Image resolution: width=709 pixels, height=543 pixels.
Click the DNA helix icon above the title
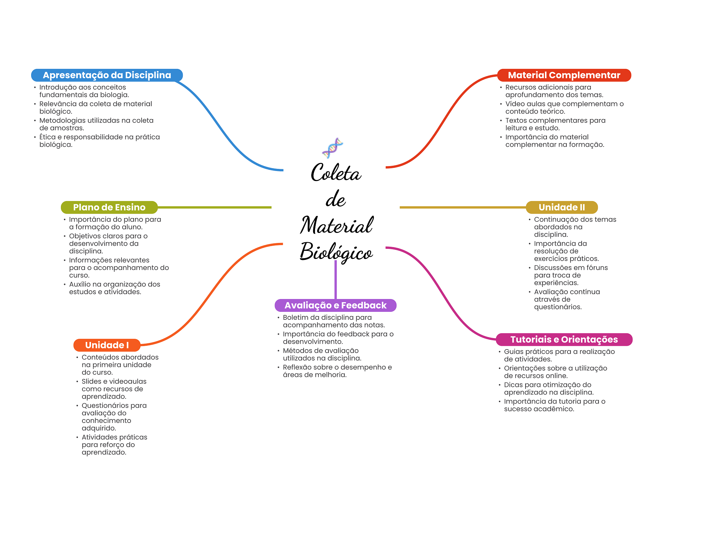pyautogui.click(x=332, y=148)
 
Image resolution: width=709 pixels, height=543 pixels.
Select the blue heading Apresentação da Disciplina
pyautogui.click(x=107, y=75)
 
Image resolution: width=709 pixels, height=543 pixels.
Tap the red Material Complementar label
pyautogui.click(x=564, y=75)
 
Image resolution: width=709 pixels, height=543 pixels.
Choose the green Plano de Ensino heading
pyautogui.click(x=109, y=207)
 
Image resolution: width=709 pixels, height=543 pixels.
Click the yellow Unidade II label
pyautogui.click(x=562, y=207)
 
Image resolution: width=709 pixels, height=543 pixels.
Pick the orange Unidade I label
pyautogui.click(x=107, y=345)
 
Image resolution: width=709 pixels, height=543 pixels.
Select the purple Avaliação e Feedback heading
pyautogui.click(x=335, y=305)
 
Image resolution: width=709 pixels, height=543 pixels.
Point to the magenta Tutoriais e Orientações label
pyautogui.click(x=564, y=340)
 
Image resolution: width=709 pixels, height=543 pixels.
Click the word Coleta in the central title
pyautogui.click(x=336, y=173)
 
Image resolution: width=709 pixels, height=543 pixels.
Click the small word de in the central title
pyautogui.click(x=335, y=200)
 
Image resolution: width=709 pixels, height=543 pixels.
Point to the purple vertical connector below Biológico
pyautogui.click(x=335, y=280)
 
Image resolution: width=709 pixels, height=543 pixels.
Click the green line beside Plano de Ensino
pyautogui.click(x=215, y=207)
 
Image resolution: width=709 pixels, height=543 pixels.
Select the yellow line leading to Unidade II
pyautogui.click(x=462, y=207)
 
